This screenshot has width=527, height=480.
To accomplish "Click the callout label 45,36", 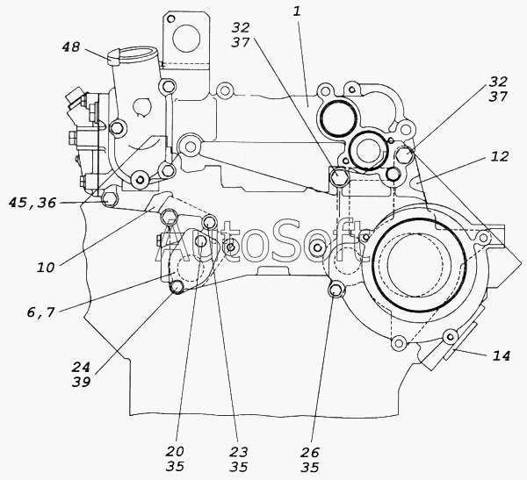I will pyautogui.click(x=57, y=203).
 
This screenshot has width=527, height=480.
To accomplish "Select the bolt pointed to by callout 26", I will pyautogui.click(x=335, y=290).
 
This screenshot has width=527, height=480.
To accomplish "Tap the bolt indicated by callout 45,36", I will pyautogui.click(x=109, y=200).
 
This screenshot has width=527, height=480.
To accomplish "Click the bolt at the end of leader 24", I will pyautogui.click(x=177, y=287).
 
